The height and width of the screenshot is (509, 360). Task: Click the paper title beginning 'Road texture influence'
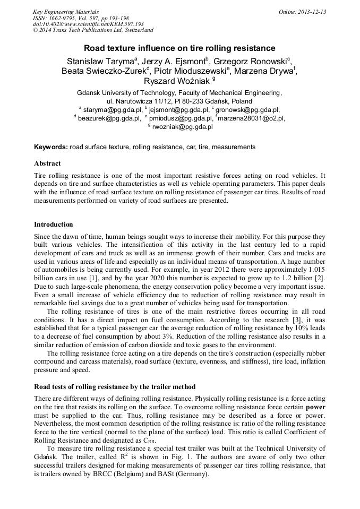click(179, 48)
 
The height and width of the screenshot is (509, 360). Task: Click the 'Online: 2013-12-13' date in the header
click(302, 12)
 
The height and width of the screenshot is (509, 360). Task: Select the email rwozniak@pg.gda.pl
click(182, 127)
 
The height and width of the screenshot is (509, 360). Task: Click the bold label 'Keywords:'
click(50, 146)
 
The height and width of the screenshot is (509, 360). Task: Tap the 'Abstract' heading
click(47, 163)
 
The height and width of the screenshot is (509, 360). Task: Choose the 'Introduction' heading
click(54, 225)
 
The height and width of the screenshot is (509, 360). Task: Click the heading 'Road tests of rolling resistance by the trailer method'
click(115, 387)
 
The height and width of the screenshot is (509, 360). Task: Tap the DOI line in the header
click(88, 24)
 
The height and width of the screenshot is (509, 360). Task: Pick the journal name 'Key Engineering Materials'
click(66, 12)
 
